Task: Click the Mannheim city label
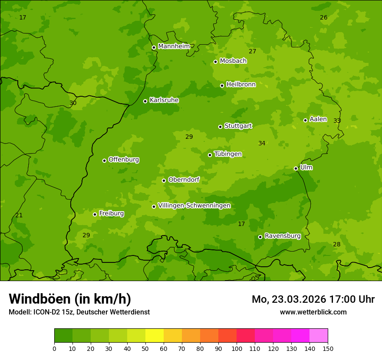coord(174,46)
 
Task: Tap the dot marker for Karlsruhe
coord(145,101)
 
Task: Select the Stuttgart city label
coord(238,126)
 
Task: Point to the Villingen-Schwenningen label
coord(194,206)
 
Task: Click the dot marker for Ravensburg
coord(260,237)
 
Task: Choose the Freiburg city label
coord(111,213)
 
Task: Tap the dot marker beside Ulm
coord(296,168)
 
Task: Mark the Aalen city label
coord(318,119)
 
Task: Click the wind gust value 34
coord(262,144)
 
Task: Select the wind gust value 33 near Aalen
coord(337,121)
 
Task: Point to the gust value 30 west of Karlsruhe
coord(73,103)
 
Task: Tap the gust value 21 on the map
coord(19,216)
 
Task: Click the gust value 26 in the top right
coord(323,18)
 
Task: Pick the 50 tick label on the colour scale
coord(145,348)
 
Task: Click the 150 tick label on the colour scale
coord(328,348)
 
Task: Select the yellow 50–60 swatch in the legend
coord(155,336)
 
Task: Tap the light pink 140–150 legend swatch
coord(319,336)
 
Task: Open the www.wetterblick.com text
coord(313,312)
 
